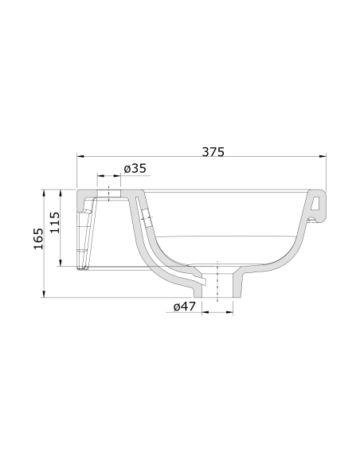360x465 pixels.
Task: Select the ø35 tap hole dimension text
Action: coord(135,168)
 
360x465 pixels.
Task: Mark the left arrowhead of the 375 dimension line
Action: coord(80,156)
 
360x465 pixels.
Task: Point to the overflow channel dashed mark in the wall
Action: coord(144,213)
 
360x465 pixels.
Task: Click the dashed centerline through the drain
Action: coord(217,279)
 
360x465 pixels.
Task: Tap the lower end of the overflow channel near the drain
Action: coord(202,280)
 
